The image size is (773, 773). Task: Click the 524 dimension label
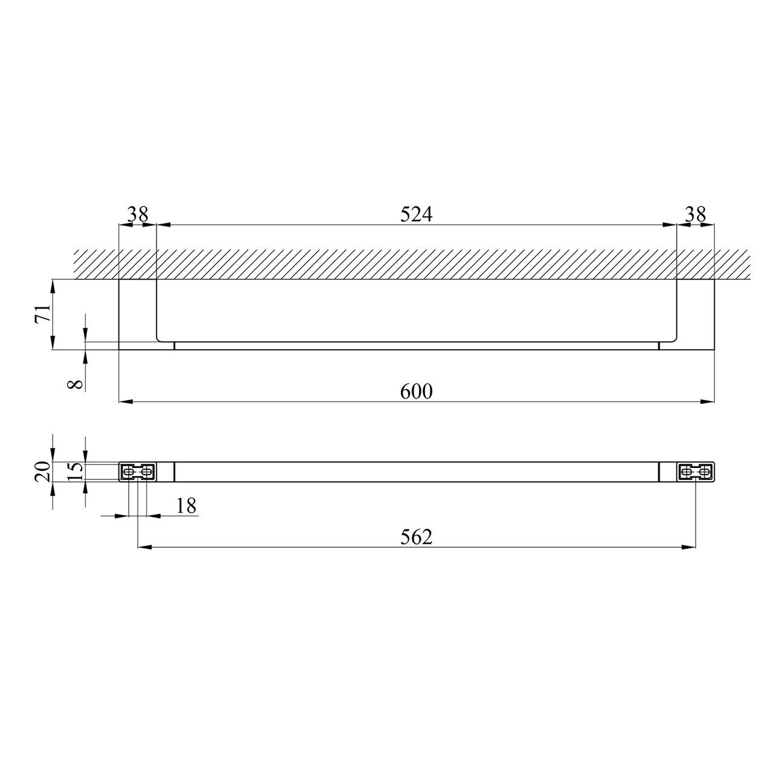(416, 214)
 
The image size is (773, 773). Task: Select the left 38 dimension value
(138, 214)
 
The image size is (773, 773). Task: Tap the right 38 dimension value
(695, 214)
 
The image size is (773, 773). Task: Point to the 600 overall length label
(416, 391)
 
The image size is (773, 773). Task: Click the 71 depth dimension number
(43, 313)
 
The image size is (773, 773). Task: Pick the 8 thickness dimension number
(76, 384)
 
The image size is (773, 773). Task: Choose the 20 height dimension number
(43, 471)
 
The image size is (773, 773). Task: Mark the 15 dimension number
(76, 471)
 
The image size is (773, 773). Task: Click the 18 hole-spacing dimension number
(186, 506)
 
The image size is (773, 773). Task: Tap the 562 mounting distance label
(416, 537)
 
